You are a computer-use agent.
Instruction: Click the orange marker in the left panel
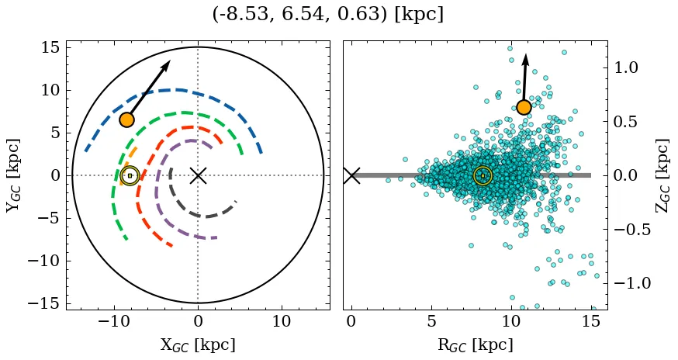pos(126,119)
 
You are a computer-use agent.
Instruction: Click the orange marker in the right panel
pos(524,107)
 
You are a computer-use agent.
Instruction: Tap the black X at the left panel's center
pos(198,175)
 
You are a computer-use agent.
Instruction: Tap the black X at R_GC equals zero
pos(351,175)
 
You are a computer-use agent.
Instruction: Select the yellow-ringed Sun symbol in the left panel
pos(130,176)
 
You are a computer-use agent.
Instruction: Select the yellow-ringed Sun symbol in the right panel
pos(483,176)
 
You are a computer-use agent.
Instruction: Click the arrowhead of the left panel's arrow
pos(167,64)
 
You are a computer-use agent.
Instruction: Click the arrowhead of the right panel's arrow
pos(525,59)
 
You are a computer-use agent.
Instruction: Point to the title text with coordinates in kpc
pos(327,15)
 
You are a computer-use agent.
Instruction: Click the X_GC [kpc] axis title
pos(198,344)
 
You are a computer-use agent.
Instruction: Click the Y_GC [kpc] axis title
pos(13,175)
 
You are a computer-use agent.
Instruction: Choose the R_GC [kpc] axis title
pos(476,344)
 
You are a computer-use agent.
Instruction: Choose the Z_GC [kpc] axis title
pos(662,175)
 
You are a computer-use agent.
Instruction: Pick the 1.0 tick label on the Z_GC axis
pos(631,68)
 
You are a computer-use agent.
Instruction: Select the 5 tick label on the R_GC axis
pos(431,321)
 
